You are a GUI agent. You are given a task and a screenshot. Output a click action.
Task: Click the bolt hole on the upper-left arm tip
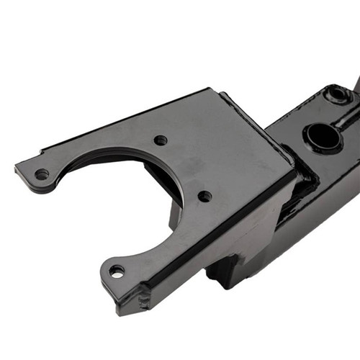click(x=42, y=174)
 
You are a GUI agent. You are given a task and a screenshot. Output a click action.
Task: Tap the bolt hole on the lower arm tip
click(x=116, y=271)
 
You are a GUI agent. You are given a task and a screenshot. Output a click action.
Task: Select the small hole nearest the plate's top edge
click(x=161, y=140)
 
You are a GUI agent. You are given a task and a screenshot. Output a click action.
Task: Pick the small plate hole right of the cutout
click(x=205, y=196)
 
